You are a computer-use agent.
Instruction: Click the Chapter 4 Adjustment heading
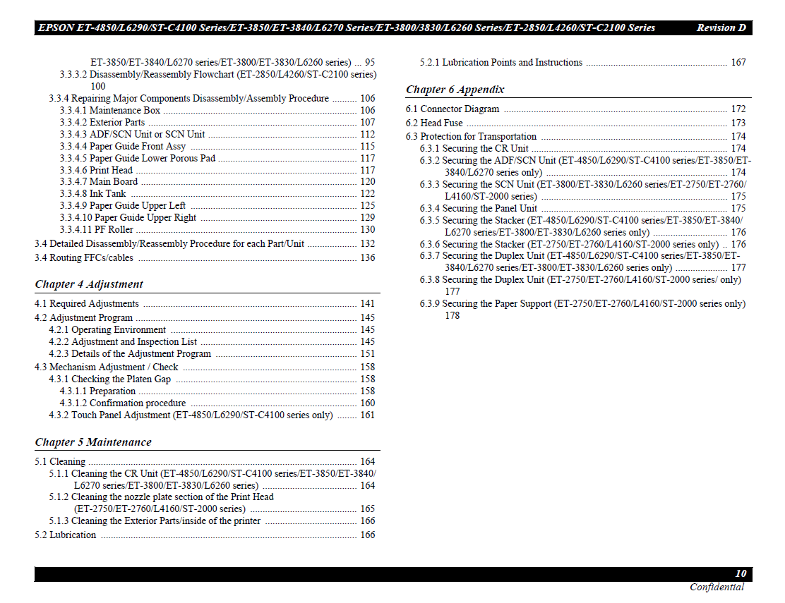89,284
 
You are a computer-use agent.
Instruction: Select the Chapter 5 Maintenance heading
93,442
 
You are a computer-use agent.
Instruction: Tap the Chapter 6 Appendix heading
455,90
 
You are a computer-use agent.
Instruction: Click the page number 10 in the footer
741,573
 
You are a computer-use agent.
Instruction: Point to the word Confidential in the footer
717,587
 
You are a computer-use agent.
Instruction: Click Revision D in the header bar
721,28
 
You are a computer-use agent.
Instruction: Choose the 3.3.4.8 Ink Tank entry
93,193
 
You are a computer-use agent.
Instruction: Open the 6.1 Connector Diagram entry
452,109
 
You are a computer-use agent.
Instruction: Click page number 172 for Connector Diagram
738,109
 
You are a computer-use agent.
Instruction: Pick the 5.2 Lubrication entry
65,535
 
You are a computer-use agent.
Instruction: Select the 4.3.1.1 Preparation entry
97,391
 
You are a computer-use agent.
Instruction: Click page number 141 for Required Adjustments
367,304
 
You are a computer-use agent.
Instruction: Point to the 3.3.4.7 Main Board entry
98,182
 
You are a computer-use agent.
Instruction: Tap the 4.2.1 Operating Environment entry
107,330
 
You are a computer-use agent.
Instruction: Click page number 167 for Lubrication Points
738,63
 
